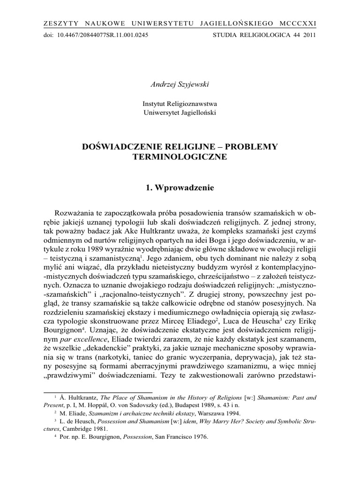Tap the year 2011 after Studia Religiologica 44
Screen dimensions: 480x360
pos(309,35)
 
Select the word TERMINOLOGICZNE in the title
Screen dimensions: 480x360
pos(180,157)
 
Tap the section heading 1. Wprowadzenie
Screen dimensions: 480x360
pos(180,187)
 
